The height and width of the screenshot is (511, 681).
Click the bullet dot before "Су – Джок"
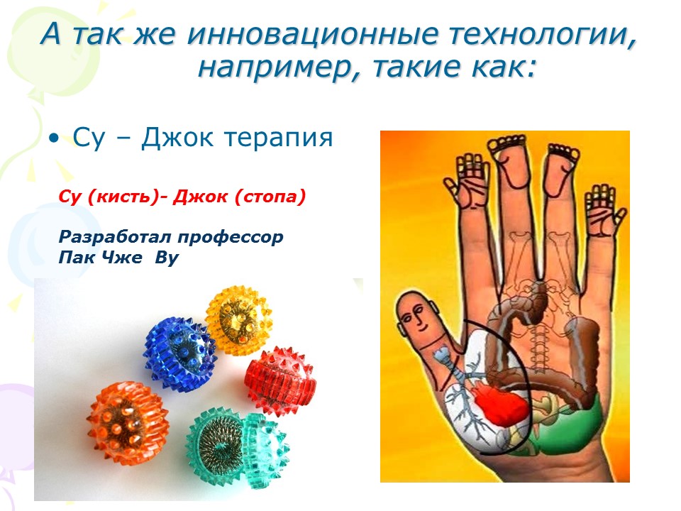[x=53, y=139]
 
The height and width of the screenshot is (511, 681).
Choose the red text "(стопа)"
[x=270, y=197]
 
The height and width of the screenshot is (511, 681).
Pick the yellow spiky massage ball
[x=238, y=320]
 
